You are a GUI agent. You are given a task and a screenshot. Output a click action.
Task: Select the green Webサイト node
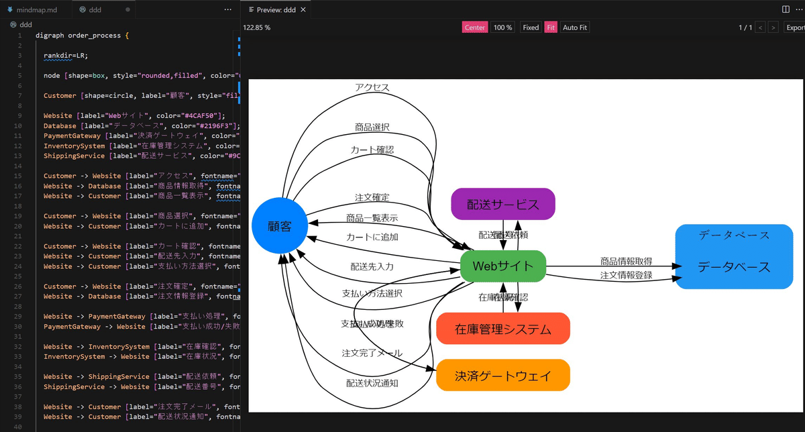tap(503, 266)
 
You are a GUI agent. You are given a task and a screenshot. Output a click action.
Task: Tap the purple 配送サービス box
tap(503, 204)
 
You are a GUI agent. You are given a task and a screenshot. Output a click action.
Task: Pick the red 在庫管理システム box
tap(502, 329)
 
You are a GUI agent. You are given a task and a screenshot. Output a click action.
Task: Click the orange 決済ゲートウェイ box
tap(502, 375)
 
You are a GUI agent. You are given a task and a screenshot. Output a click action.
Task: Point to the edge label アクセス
tap(372, 87)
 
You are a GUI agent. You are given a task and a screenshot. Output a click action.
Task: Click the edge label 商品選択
tap(372, 127)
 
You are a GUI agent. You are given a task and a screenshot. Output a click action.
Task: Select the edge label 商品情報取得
tap(626, 261)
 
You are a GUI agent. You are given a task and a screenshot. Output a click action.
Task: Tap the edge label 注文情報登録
tap(626, 275)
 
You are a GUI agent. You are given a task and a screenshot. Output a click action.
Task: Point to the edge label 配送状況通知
tap(372, 383)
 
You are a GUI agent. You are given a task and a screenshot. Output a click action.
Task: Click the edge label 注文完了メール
tap(372, 353)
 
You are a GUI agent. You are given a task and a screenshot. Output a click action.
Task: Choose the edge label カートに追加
tap(372, 237)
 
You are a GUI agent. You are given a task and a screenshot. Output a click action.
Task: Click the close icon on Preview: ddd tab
tap(303, 10)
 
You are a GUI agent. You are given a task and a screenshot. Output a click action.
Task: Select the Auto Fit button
tap(574, 28)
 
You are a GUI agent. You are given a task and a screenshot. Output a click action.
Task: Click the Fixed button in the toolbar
tap(531, 28)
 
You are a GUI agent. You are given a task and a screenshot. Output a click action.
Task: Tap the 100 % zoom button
tap(502, 28)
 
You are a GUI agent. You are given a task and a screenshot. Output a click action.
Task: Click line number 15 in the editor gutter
tap(19, 176)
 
